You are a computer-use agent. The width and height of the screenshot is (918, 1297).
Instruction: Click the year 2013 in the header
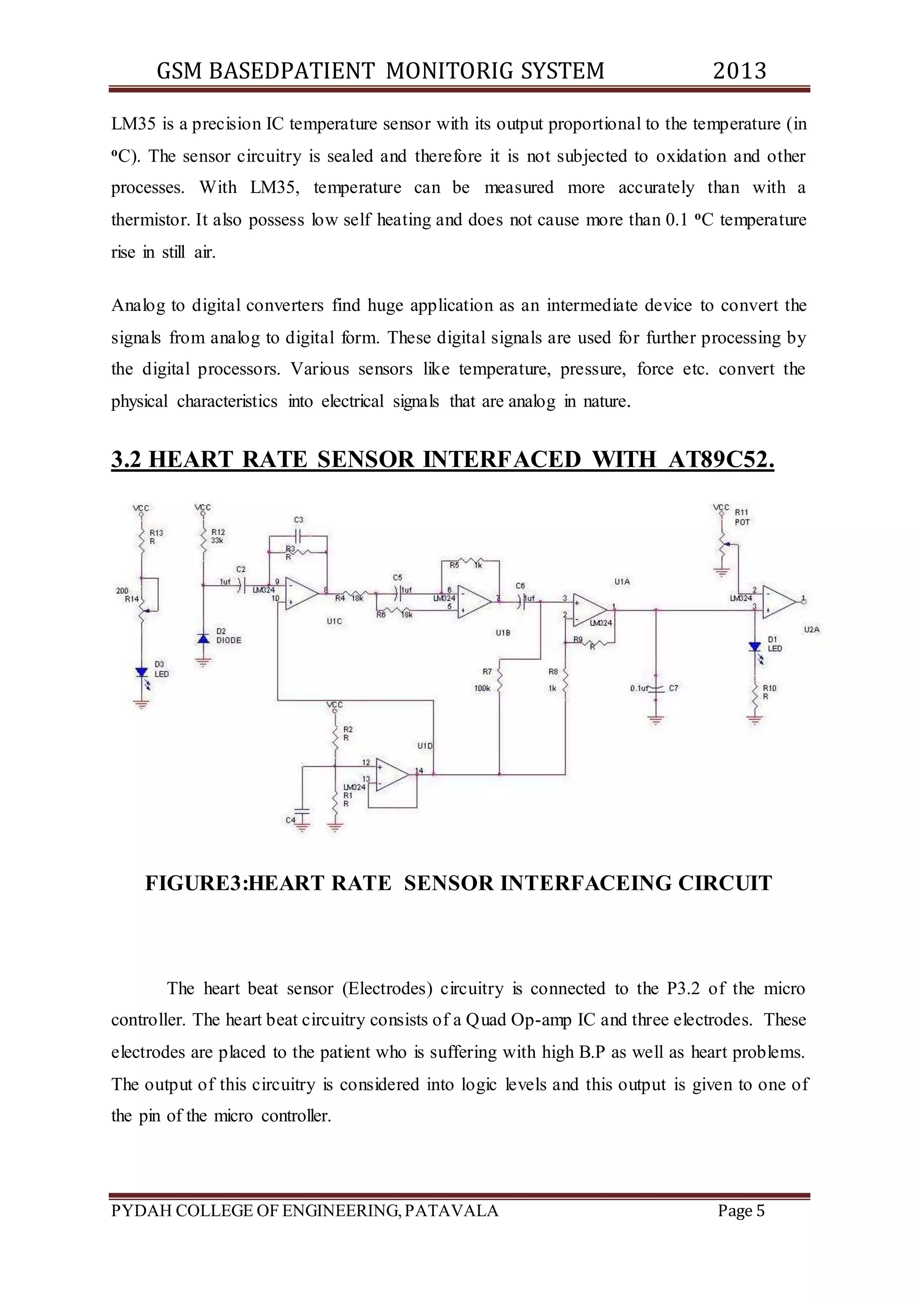tap(739, 71)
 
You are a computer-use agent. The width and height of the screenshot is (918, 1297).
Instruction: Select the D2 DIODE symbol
tap(204, 638)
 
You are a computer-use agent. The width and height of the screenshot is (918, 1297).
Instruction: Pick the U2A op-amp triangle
tap(779, 602)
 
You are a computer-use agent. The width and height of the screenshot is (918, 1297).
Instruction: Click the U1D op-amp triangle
tap(392, 774)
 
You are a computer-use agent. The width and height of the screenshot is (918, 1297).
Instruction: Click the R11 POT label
tap(742, 517)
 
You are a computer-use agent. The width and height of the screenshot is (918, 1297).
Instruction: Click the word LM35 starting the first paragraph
tap(133, 124)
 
